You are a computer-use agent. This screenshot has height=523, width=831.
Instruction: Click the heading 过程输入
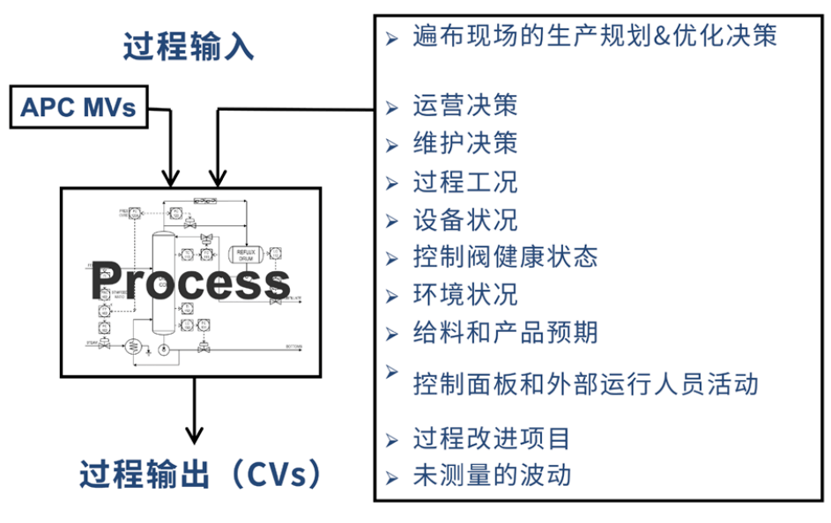tap(189, 46)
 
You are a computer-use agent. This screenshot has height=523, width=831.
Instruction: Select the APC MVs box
tap(78, 107)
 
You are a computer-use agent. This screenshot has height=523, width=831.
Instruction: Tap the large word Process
tap(189, 282)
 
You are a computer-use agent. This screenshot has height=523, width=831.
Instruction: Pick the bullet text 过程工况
tap(464, 181)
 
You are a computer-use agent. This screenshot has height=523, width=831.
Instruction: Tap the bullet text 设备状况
tap(464, 219)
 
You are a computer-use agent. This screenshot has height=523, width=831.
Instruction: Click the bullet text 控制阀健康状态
tap(505, 256)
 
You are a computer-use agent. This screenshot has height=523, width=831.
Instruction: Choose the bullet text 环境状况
tap(464, 294)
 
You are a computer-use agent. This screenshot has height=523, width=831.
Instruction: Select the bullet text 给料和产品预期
tap(505, 332)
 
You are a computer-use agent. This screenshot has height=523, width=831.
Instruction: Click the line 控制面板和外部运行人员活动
tap(585, 384)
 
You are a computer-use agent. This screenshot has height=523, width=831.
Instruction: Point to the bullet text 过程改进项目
tap(491, 438)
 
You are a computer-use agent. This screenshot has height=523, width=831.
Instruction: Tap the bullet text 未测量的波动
tap(491, 475)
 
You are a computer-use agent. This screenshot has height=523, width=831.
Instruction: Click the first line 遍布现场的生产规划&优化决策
tap(595, 37)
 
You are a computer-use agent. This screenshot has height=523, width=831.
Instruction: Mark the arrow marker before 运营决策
tap(392, 107)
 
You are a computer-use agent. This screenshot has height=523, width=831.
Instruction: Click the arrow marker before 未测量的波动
tap(392, 477)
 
